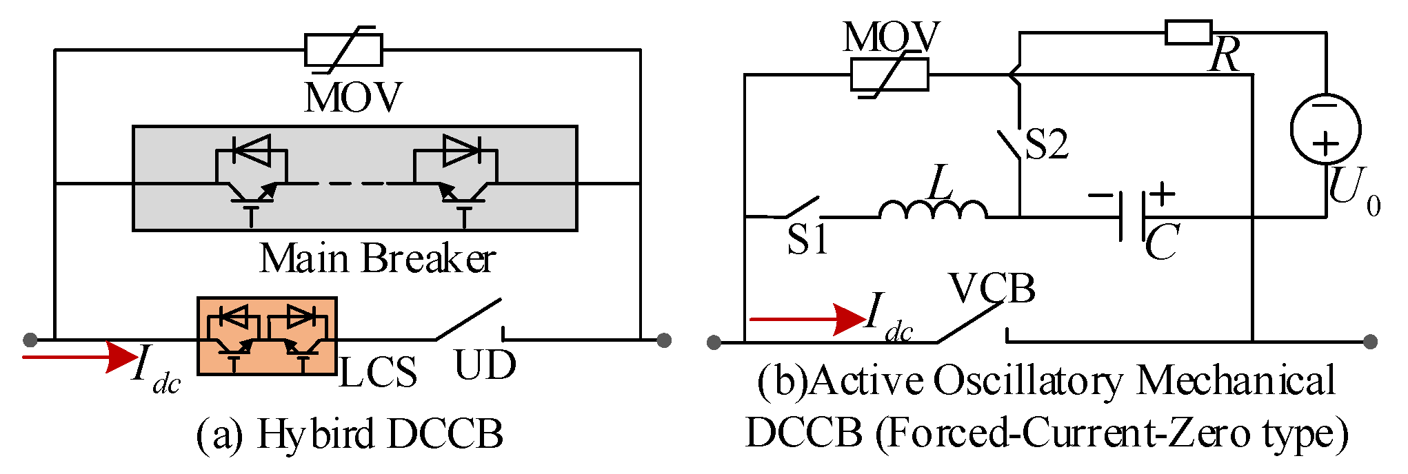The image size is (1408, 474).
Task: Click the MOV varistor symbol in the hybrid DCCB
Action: [x=343, y=50]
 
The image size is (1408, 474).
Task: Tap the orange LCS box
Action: [x=267, y=336]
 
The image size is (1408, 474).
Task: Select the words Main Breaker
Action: [x=377, y=259]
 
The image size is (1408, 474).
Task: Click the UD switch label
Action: [x=485, y=366]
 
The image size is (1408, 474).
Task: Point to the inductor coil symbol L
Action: [x=933, y=209]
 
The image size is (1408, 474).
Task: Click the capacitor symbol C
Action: [x=1132, y=216]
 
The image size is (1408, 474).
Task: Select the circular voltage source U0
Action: [x=1325, y=129]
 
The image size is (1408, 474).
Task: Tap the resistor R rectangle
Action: [x=1188, y=32]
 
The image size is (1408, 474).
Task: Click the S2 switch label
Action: [x=1047, y=145]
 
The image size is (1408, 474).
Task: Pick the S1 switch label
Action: [x=807, y=240]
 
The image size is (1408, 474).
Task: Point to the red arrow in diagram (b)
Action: [x=807, y=319]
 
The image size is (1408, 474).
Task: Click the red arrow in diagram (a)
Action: [x=79, y=357]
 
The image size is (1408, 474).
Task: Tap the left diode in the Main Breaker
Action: [x=252, y=150]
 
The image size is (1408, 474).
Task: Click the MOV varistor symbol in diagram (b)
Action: [x=889, y=74]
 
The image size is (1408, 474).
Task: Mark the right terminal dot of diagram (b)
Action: [x=1371, y=342]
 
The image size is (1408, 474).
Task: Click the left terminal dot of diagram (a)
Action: [x=30, y=340]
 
